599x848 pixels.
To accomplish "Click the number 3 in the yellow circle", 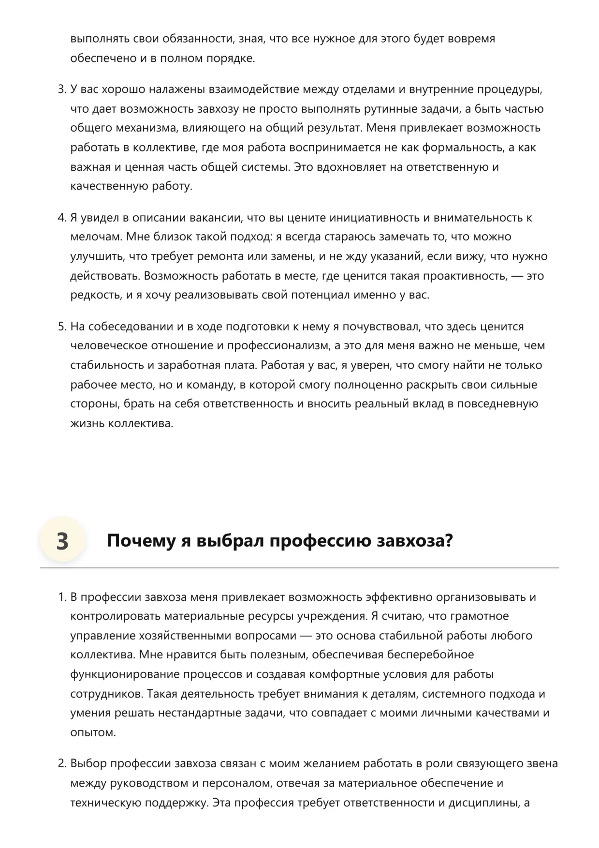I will coord(62,541).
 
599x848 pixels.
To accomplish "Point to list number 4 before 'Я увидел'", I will coord(61,218).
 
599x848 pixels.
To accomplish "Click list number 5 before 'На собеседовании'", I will coord(61,327).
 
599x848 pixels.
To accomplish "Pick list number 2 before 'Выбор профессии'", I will coord(61,764).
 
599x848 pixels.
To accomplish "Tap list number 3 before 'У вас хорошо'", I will coord(61,89).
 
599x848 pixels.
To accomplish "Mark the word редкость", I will coord(95,295).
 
